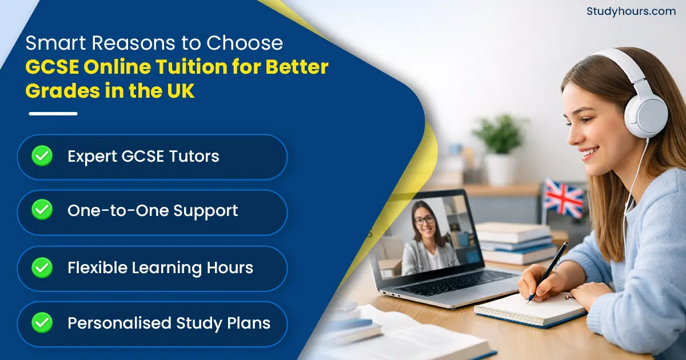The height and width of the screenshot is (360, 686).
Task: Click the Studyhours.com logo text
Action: click(631, 11)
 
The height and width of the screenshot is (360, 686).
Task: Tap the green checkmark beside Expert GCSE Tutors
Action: click(42, 155)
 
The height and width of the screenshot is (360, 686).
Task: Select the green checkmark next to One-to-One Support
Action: click(42, 210)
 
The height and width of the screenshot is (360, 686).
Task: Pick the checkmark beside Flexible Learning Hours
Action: click(42, 267)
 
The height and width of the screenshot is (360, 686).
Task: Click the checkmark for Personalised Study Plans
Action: click(42, 323)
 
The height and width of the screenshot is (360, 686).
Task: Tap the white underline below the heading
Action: click(53, 114)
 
